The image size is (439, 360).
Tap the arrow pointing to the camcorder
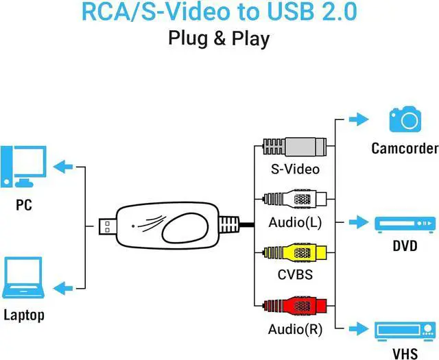[x=357, y=120]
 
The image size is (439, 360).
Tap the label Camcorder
[x=405, y=148]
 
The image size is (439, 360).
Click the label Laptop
[x=24, y=315]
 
